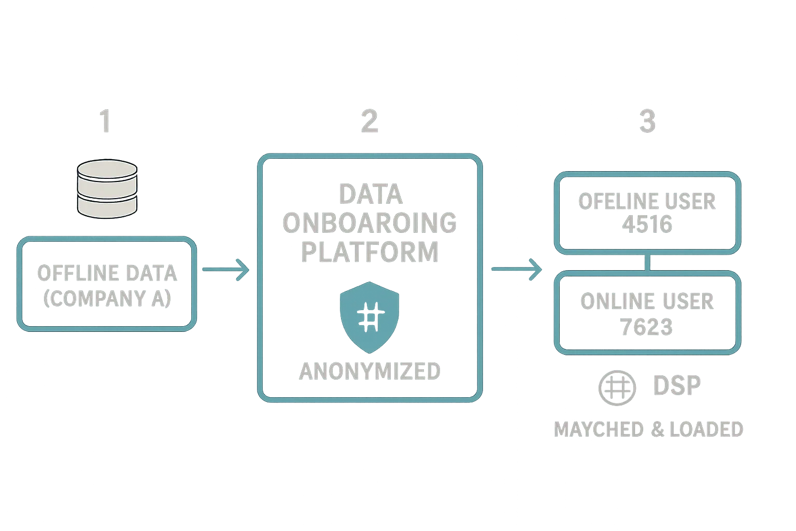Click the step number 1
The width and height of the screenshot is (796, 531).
(104, 121)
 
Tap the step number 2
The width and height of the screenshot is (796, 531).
(369, 121)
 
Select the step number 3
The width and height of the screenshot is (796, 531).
(647, 121)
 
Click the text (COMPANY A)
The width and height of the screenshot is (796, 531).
(107, 299)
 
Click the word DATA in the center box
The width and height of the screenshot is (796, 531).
(371, 194)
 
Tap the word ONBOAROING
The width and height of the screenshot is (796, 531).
(371, 223)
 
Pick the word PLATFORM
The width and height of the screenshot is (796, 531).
(371, 251)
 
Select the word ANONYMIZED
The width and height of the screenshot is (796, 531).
(370, 371)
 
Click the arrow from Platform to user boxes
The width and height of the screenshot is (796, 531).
(516, 269)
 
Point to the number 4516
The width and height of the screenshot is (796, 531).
(647, 225)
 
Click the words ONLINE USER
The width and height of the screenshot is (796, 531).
(647, 301)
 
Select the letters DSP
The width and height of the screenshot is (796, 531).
(676, 385)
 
